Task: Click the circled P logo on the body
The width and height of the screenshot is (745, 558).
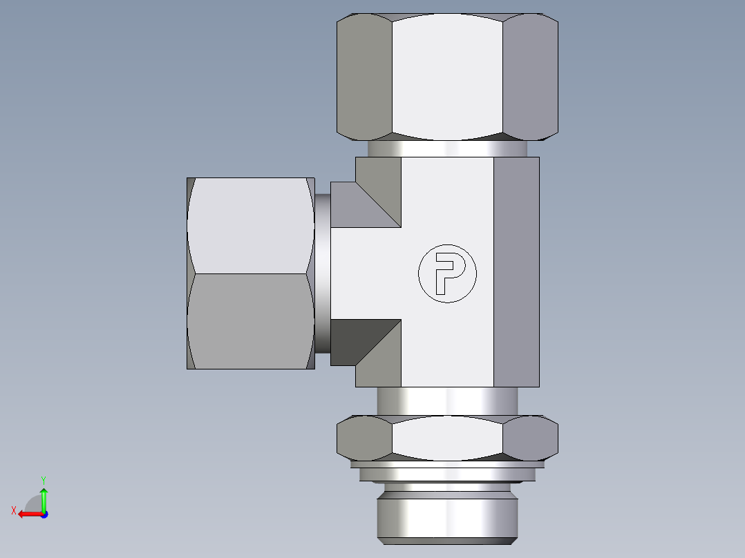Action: [x=447, y=273]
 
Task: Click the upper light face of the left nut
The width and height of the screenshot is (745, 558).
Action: [x=249, y=224]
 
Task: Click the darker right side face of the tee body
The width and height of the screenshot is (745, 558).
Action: [x=516, y=272]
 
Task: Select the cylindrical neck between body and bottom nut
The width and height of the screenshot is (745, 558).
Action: [x=446, y=401]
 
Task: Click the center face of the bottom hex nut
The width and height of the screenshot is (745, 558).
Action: [x=446, y=439]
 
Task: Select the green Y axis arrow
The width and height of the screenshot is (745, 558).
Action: [x=44, y=496]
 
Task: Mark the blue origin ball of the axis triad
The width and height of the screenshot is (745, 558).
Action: [x=44, y=514]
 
